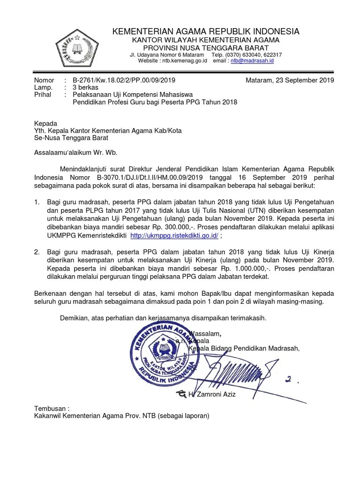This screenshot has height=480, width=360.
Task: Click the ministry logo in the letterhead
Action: tap(77, 46)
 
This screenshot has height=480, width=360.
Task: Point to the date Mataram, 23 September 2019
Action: tap(289, 80)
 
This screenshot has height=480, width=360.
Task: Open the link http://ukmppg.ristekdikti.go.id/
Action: tap(174, 235)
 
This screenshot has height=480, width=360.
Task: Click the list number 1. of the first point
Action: tap(37, 202)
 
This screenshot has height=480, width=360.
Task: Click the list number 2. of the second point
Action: tap(37, 252)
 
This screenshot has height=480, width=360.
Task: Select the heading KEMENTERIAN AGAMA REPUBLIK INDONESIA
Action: tap(206, 31)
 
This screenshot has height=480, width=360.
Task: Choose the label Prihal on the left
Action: tap(43, 95)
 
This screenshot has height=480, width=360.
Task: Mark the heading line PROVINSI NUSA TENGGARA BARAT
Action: tap(206, 48)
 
